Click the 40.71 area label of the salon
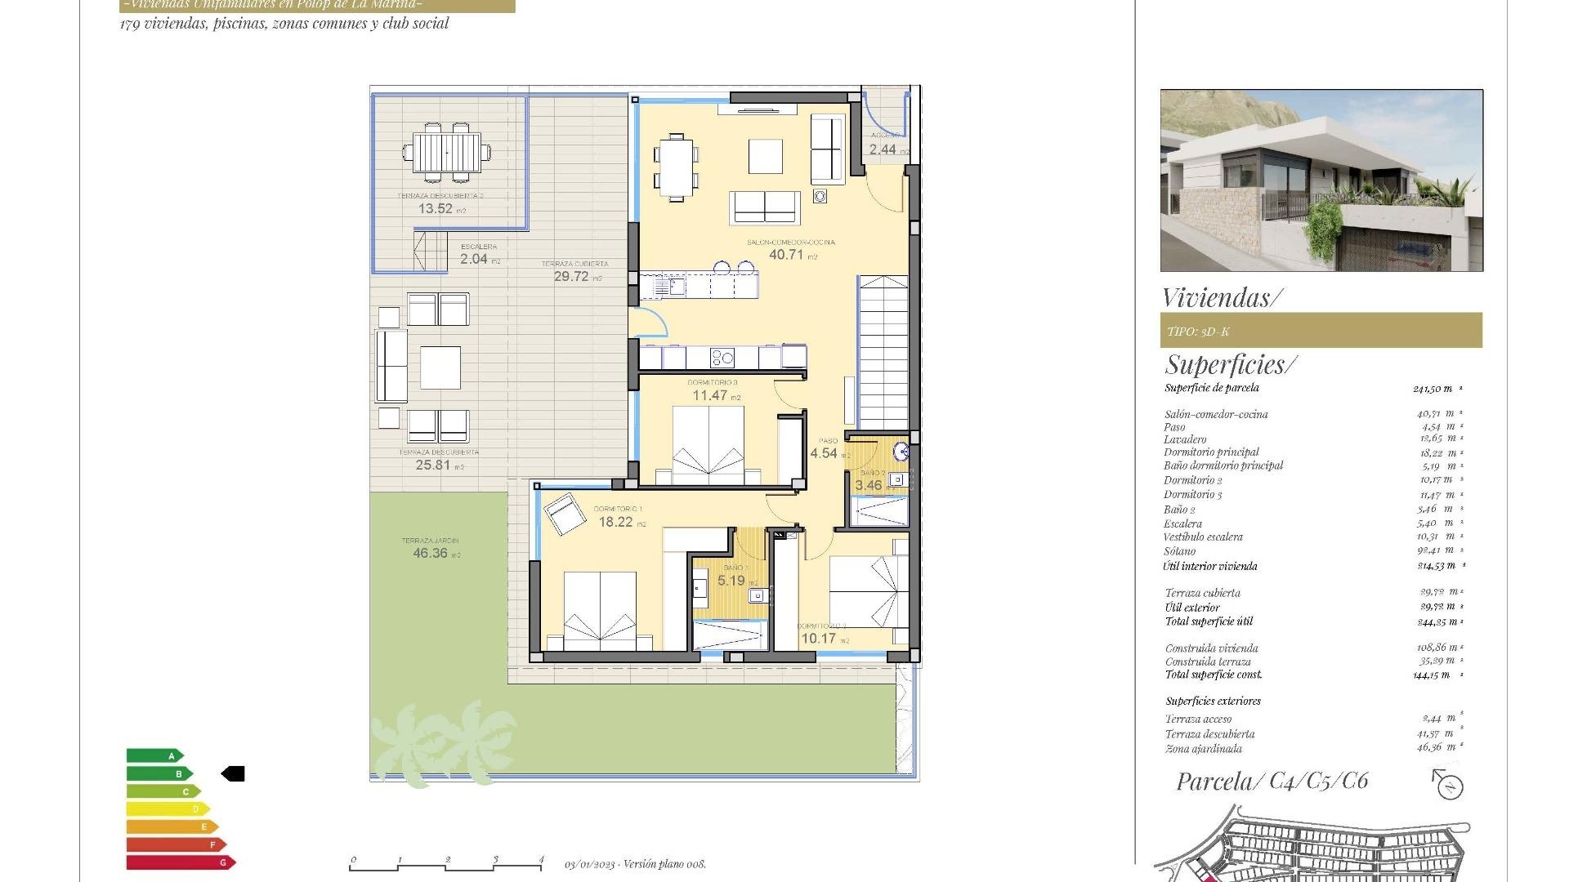click(x=786, y=255)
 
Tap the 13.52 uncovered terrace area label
click(x=436, y=208)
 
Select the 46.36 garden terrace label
click(x=431, y=553)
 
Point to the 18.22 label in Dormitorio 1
click(x=615, y=522)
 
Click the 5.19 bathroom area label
click(x=731, y=581)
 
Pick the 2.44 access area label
click(x=883, y=149)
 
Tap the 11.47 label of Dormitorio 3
click(x=710, y=395)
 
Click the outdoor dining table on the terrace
click(x=446, y=152)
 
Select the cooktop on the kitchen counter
click(x=722, y=357)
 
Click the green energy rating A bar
click(x=154, y=755)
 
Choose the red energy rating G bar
click(x=180, y=862)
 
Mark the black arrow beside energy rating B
click(x=233, y=773)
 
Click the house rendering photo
click(x=1321, y=180)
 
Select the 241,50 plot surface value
click(x=1433, y=389)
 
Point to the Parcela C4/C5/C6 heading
click(x=1272, y=782)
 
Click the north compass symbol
click(x=1449, y=786)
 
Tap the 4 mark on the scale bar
click(x=541, y=860)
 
